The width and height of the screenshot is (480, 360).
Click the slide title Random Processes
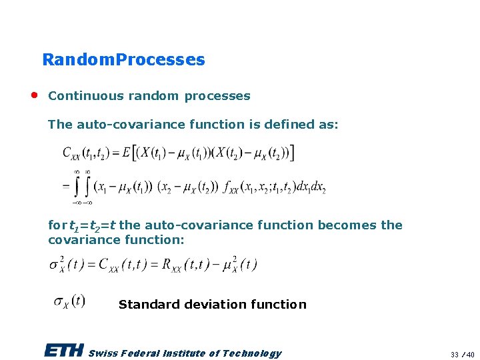point(123,59)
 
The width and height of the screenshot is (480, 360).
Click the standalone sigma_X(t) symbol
point(69,301)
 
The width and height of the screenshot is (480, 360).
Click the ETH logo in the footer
point(64,351)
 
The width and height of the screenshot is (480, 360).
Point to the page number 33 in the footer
point(454,354)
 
